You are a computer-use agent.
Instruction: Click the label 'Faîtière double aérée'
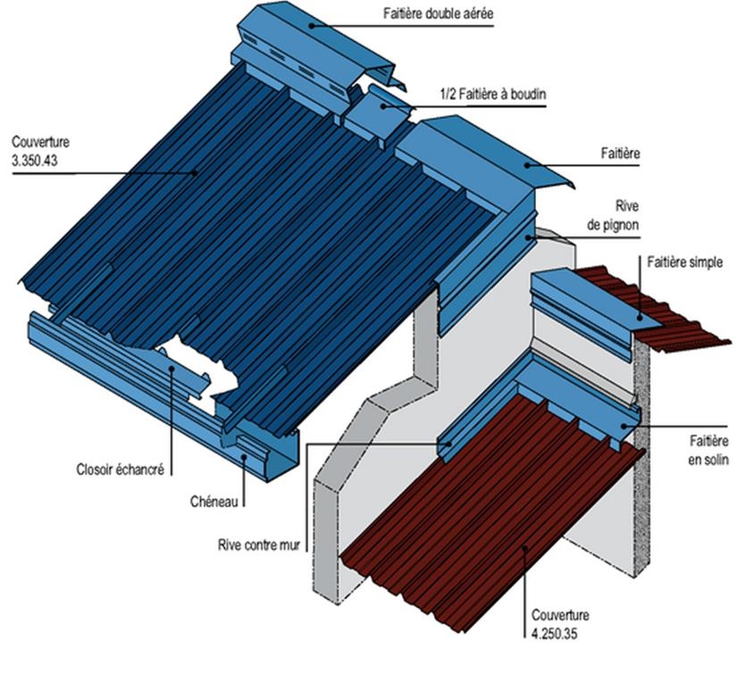tap(438, 13)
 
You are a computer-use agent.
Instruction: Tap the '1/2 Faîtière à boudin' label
tap(493, 94)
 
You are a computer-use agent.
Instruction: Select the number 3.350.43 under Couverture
tap(35, 161)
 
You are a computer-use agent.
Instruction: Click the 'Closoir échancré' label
tap(120, 469)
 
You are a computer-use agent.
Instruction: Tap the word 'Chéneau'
tap(214, 502)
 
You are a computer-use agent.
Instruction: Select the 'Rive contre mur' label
tap(259, 544)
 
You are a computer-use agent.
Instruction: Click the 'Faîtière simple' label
tap(684, 262)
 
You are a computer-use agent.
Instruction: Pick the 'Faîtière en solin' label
tap(708, 450)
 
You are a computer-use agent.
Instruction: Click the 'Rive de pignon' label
tap(613, 215)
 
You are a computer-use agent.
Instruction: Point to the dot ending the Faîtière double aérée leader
tap(311, 26)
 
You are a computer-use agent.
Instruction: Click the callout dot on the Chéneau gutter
tap(244, 457)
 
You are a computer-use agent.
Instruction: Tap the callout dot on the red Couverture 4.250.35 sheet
tap(524, 548)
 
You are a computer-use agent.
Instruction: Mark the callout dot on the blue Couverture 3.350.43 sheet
tap(195, 172)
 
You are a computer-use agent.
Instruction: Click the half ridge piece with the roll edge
tap(378, 115)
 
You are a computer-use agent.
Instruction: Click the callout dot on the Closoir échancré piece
tap(172, 368)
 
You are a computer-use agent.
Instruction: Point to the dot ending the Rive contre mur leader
tap(448, 444)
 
